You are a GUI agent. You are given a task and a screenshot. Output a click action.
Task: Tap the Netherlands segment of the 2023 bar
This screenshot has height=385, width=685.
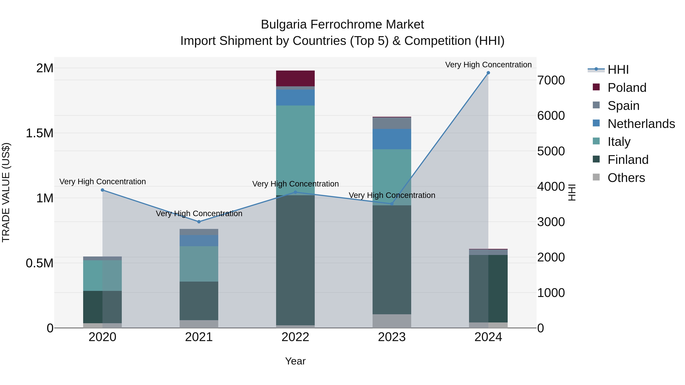392,139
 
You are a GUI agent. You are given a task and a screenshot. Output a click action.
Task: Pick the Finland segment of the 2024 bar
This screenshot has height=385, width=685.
488,289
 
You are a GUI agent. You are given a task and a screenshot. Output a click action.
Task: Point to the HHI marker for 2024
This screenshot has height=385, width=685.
488,73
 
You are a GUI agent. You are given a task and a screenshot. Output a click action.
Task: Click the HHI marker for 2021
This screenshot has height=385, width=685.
199,222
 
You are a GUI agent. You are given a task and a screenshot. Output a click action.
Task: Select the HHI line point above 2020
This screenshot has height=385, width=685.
102,190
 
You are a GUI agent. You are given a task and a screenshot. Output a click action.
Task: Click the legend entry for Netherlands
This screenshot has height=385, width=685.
641,124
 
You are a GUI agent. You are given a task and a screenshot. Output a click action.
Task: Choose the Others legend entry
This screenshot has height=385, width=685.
626,178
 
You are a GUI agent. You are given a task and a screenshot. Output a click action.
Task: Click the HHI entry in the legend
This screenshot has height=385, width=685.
618,70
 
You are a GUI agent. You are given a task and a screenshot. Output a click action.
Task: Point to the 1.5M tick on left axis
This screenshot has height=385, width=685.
40,133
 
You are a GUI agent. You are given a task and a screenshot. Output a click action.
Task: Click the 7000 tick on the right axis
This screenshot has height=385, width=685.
551,80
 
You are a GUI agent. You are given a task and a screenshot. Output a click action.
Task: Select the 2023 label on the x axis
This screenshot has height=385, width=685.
392,337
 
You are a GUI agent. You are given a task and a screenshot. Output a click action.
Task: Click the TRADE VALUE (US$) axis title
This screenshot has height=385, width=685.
6,192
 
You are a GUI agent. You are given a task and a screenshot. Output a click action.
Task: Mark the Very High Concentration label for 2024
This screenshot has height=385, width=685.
488,65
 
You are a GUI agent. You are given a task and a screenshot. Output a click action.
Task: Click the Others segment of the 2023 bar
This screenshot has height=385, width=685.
392,321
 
